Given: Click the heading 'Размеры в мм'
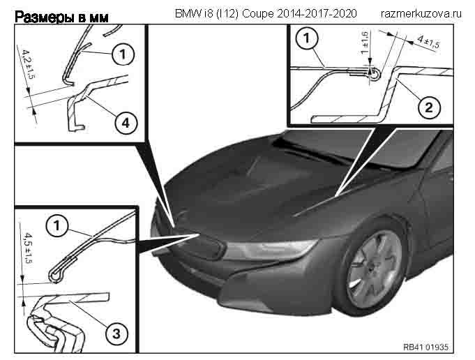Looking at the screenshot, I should coord(61,15).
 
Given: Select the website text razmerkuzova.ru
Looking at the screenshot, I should coord(422,13).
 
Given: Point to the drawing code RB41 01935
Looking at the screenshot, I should coord(426,346).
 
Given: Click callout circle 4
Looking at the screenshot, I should coord(123,123).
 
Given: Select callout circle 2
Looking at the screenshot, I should coord(429,107).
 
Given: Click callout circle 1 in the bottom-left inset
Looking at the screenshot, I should coord(57,225).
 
